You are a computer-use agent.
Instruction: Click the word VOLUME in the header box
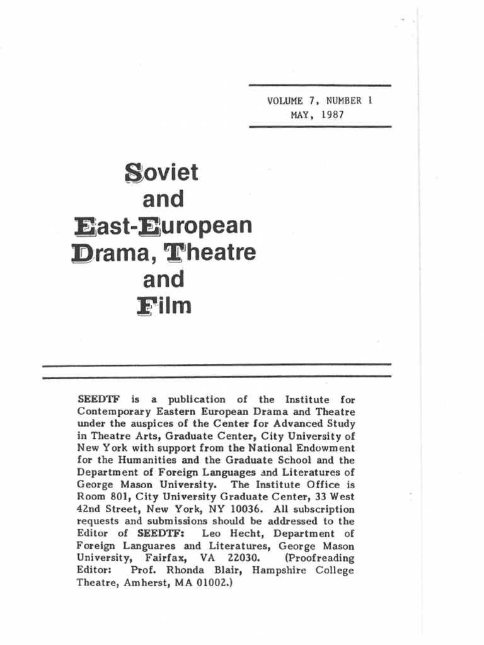coord(285,101)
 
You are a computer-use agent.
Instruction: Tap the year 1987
coord(331,115)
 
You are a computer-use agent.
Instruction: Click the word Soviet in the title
coord(162,172)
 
